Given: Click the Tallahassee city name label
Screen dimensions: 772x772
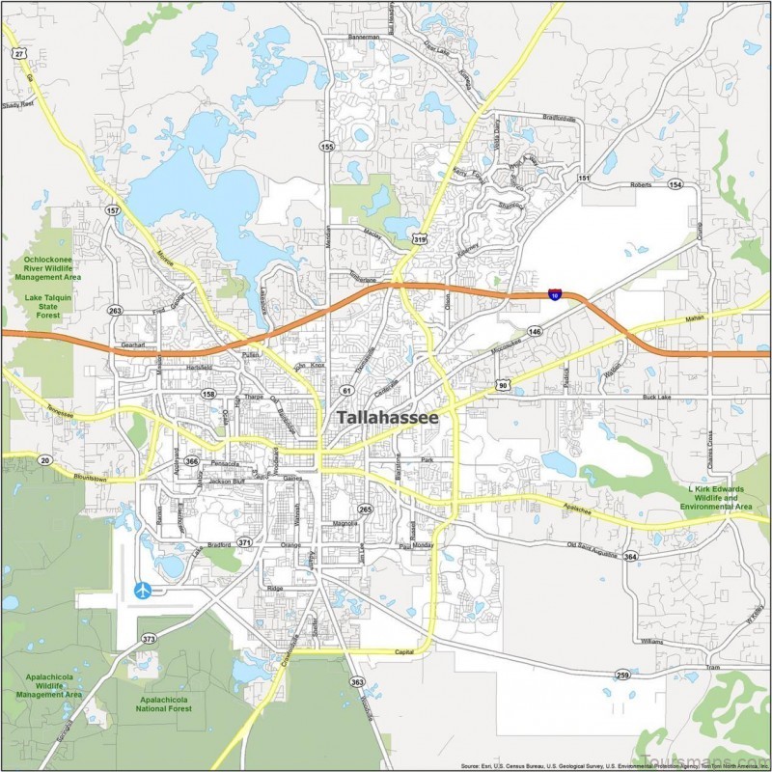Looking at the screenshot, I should click(x=387, y=418).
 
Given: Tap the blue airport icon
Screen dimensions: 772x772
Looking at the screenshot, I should click(x=143, y=590).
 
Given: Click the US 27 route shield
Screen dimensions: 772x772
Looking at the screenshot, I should click(x=19, y=53).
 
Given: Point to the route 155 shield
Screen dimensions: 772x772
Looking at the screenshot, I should click(x=327, y=147).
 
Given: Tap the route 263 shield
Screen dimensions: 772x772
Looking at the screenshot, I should click(x=116, y=311).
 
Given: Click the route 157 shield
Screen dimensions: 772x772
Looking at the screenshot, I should click(x=114, y=209).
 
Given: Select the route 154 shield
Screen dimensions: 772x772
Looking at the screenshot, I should click(x=675, y=184).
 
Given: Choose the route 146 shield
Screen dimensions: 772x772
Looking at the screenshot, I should click(x=535, y=331).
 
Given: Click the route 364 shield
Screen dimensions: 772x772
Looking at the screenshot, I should click(x=630, y=557).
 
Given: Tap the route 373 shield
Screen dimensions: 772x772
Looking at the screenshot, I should click(x=149, y=639).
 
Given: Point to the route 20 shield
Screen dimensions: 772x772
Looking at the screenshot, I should click(x=45, y=460).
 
